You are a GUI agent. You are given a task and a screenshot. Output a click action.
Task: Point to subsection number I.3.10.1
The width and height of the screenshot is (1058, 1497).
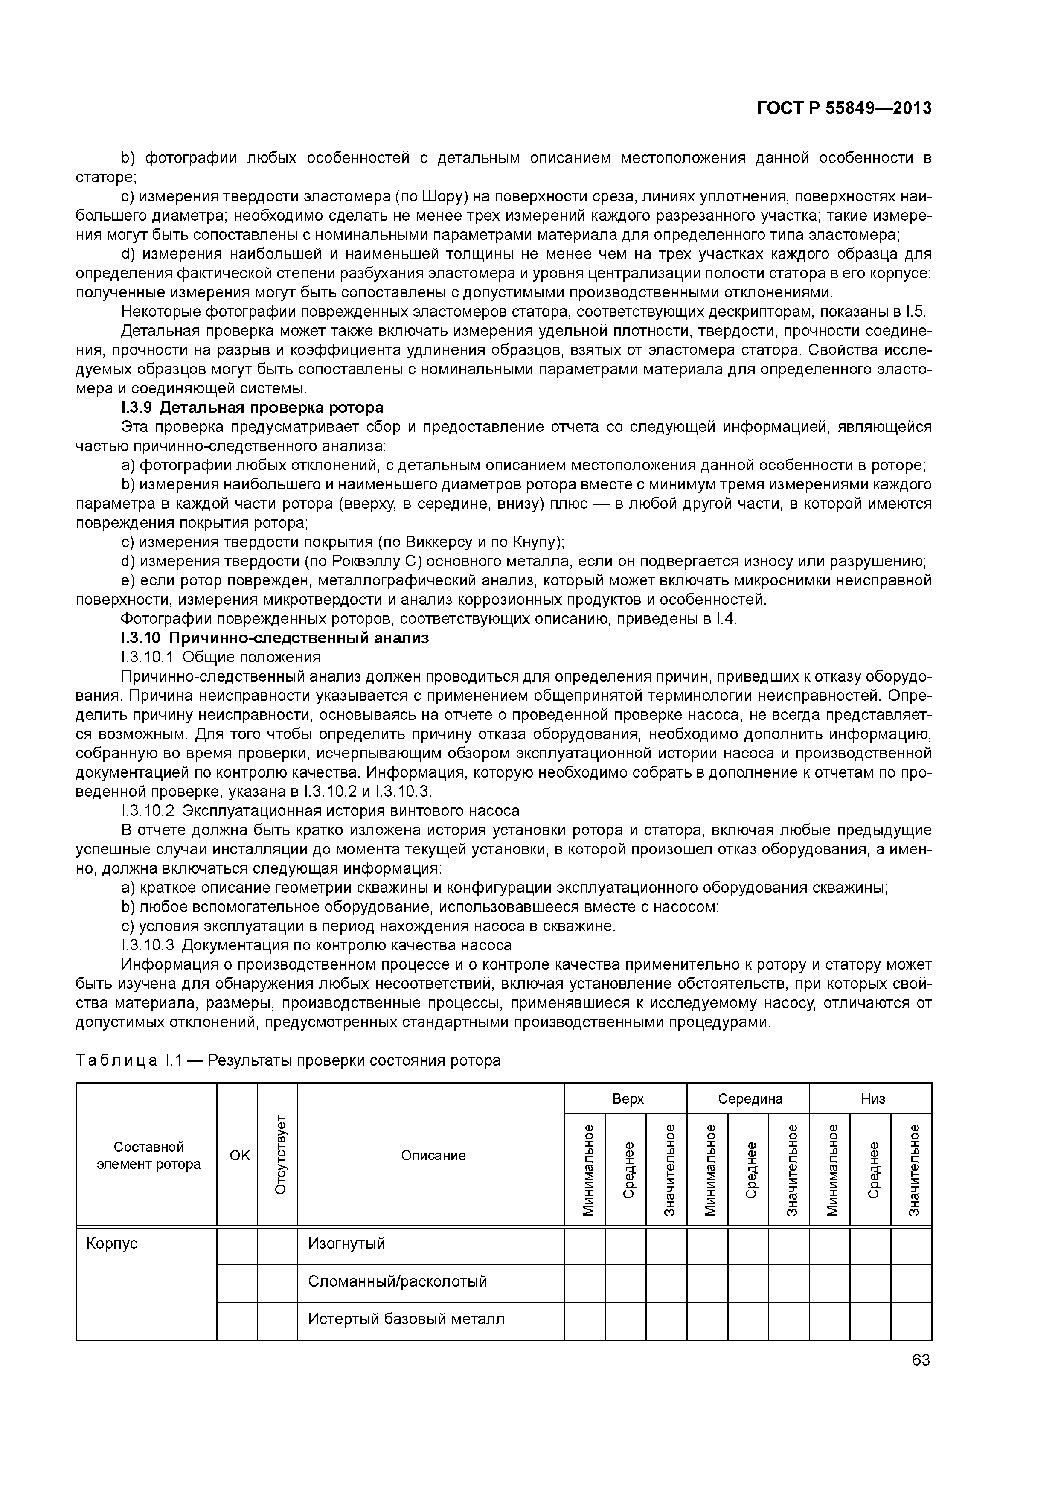tap(147, 657)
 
